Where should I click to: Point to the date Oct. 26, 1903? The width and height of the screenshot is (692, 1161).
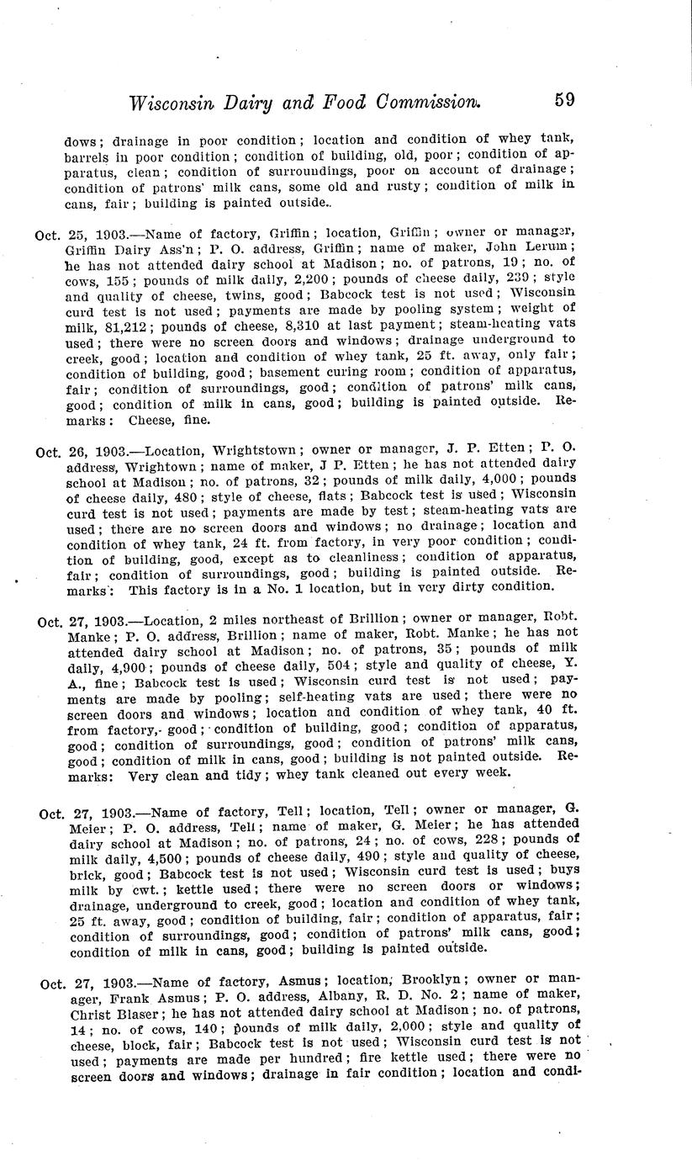(78, 452)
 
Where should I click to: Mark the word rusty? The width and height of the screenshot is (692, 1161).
(387, 187)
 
